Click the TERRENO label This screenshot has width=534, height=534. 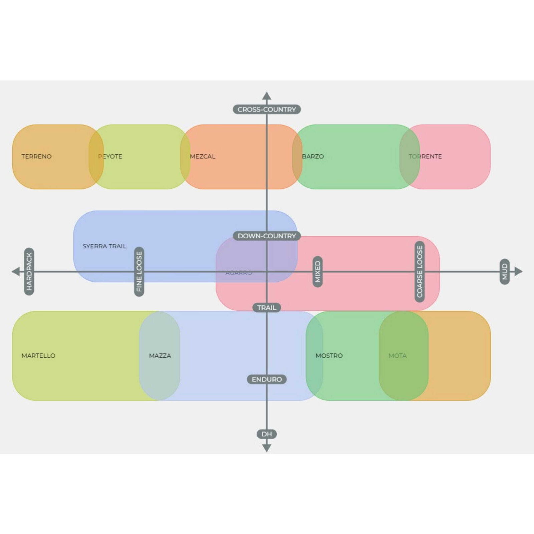point(36,156)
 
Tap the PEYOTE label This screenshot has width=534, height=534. point(110,156)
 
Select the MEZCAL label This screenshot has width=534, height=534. point(203,156)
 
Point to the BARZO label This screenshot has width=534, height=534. point(313,156)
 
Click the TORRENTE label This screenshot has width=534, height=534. point(425,156)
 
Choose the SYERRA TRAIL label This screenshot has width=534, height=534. point(104,246)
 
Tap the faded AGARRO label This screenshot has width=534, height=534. point(239,273)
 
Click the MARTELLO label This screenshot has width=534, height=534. point(38,355)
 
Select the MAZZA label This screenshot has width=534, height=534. point(160,355)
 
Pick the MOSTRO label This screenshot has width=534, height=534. point(329,355)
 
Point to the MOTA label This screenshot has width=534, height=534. point(397,355)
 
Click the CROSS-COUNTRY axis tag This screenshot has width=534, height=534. point(267,109)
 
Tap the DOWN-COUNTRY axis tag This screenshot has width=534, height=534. point(267,236)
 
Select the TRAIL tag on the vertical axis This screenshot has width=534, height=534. point(267,307)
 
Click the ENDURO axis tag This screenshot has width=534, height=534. point(267,379)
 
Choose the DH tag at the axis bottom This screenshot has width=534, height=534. point(267,434)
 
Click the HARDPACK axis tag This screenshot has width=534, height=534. point(29,271)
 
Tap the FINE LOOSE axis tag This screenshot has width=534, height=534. point(139,271)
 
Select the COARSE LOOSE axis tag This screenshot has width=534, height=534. point(420,271)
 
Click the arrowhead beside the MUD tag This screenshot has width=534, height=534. point(518,271)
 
